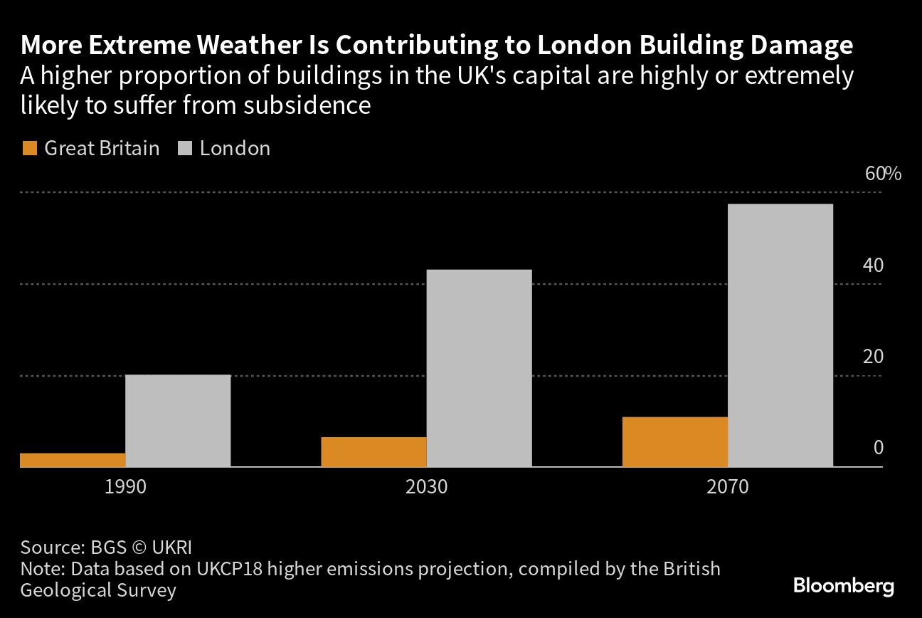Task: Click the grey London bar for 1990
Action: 178,421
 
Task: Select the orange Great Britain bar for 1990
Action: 73,460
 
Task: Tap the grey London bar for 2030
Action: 479,368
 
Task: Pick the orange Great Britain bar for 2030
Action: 373,452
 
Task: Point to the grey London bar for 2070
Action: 780,335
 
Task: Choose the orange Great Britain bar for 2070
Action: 675,442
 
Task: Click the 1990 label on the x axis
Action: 125,488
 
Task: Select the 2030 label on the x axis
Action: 426,488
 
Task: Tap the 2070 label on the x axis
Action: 728,488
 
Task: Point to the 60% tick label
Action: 883,174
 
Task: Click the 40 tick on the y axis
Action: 873,266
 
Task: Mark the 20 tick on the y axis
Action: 873,357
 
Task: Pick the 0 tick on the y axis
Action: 878,448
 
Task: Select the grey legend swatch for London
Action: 185,149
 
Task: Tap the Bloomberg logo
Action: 844,587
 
